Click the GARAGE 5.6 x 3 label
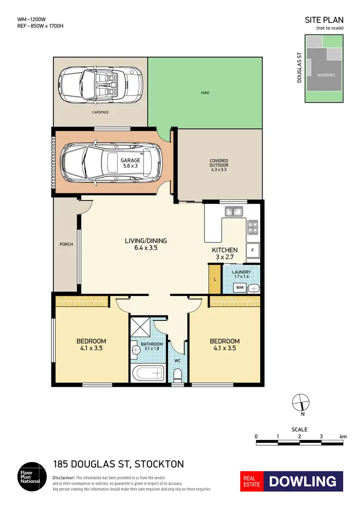[131, 164]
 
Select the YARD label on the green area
[205, 93]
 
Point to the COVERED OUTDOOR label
[219, 164]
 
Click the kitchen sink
[235, 211]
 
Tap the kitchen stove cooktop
[252, 225]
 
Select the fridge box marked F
[252, 250]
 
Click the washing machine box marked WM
[240, 288]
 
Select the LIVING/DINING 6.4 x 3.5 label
[145, 245]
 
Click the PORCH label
[66, 244]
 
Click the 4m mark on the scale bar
[342, 437]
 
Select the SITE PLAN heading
[324, 20]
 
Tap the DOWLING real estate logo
[291, 481]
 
